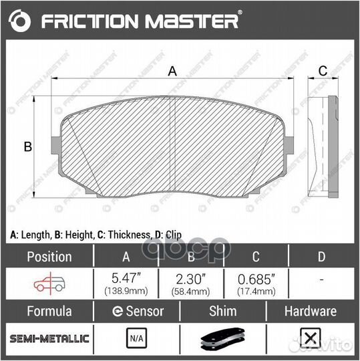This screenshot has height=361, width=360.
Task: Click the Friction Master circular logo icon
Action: tap(21, 21)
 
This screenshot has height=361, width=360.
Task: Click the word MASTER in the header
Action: tap(200, 21)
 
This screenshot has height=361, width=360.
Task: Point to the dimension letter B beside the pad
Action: tap(28, 147)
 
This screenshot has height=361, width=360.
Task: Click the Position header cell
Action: tap(48, 257)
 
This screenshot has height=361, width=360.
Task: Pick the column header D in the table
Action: tap(321, 257)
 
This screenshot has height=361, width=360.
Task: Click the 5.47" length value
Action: tap(124, 279)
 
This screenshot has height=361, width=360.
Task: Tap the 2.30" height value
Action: tap(190, 279)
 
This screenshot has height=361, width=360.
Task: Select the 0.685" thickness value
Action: tap(255, 279)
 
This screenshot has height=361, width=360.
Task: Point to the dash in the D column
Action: tap(321, 281)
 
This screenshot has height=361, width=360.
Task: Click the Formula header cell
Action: tap(48, 311)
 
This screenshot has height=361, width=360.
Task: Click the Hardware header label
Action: tap(310, 311)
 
